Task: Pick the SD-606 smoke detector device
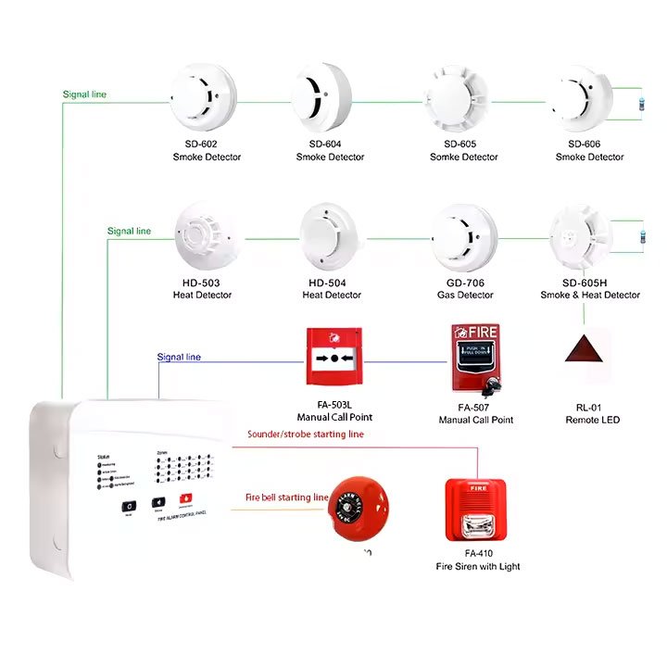pyautogui.click(x=581, y=98)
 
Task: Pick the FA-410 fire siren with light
pyautogui.click(x=475, y=509)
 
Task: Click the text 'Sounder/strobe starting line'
pyautogui.click(x=305, y=434)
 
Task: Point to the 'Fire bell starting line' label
pyautogui.click(x=286, y=497)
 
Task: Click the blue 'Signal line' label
pyautogui.click(x=178, y=357)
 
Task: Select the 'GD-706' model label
pyautogui.click(x=464, y=283)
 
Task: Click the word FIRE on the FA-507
pyautogui.click(x=483, y=332)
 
